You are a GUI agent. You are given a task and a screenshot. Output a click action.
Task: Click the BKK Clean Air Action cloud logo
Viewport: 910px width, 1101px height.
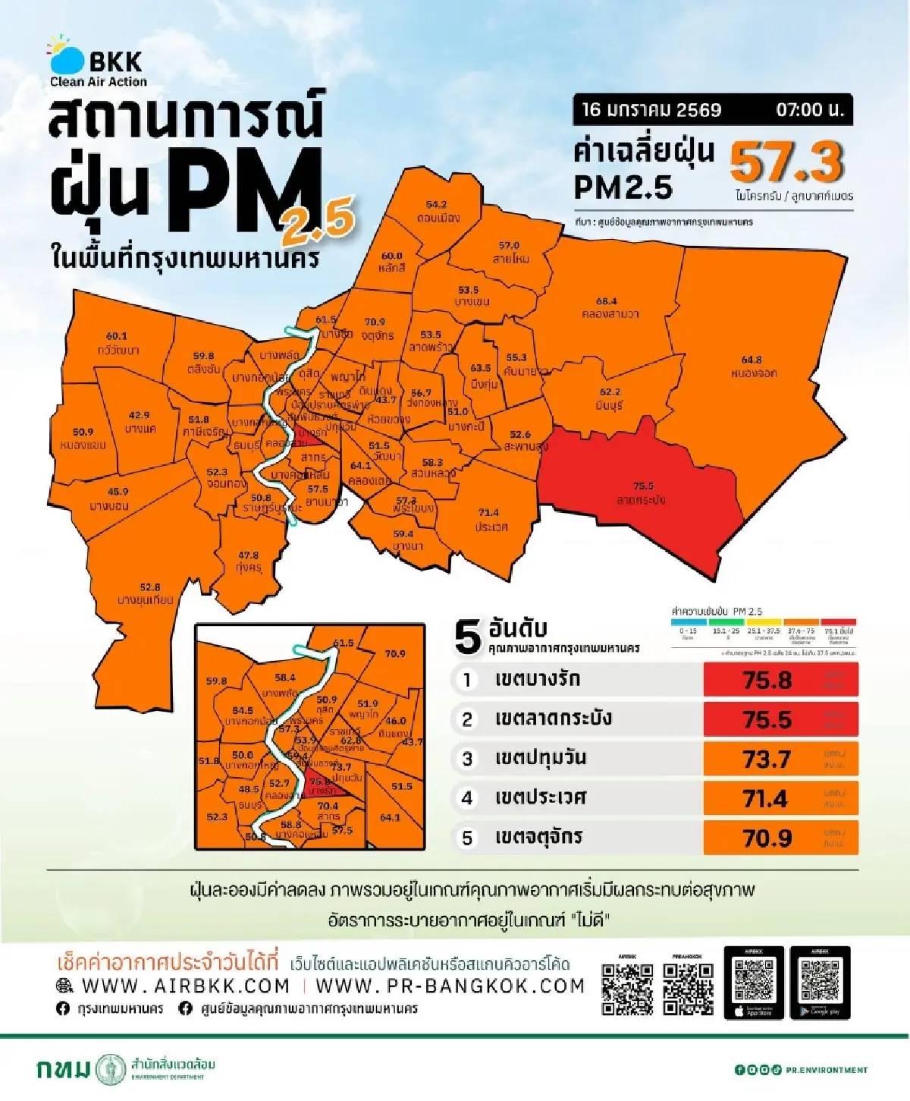(x=67, y=56)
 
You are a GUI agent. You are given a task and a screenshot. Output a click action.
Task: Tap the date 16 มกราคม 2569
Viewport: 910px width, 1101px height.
(x=651, y=110)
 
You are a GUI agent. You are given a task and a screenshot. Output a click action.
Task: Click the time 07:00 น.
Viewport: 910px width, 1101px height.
(x=809, y=110)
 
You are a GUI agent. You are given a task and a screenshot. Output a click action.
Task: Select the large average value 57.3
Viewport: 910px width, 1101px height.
(x=786, y=162)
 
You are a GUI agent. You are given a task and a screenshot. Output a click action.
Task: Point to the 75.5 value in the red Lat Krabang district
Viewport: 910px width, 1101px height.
(x=643, y=486)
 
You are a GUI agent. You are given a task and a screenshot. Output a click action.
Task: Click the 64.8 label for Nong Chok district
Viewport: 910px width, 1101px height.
(x=752, y=360)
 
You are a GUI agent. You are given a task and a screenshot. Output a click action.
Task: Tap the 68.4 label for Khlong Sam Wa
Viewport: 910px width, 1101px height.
(x=607, y=301)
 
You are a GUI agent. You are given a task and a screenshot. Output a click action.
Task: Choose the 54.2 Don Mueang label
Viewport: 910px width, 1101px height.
(x=436, y=205)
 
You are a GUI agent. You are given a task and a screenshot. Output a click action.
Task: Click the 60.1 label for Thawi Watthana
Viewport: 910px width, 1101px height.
(x=117, y=336)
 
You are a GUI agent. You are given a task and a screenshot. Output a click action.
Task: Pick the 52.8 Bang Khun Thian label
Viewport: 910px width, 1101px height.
(x=150, y=587)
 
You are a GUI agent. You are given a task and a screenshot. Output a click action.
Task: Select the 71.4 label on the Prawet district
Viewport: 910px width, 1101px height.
(x=488, y=513)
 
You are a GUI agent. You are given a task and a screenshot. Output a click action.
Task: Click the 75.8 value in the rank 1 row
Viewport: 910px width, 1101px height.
(x=767, y=680)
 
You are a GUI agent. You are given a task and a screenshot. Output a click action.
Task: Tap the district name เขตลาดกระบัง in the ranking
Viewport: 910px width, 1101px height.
(x=553, y=719)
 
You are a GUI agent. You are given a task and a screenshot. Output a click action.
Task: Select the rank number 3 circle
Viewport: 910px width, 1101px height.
(x=467, y=759)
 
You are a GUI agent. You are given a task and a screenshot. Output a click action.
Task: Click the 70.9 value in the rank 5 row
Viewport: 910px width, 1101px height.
(x=767, y=838)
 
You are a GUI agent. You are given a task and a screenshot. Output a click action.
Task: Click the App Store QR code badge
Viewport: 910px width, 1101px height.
(x=754, y=983)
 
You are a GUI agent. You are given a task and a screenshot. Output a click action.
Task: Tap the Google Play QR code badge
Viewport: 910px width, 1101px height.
(x=820, y=983)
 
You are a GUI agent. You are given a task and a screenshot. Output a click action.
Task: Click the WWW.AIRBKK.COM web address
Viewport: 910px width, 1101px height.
(x=185, y=986)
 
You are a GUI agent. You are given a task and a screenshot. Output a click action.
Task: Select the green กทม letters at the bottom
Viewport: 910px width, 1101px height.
(x=63, y=1069)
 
